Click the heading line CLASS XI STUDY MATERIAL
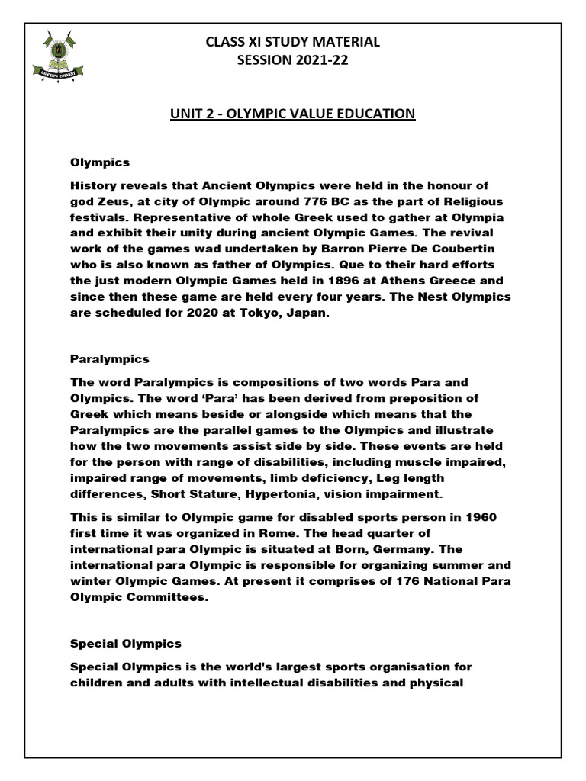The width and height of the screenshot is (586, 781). (x=292, y=43)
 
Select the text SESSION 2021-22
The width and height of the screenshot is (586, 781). (x=292, y=62)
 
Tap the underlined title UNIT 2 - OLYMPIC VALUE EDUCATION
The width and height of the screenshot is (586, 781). (x=291, y=114)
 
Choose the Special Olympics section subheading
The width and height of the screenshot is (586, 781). (x=126, y=644)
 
